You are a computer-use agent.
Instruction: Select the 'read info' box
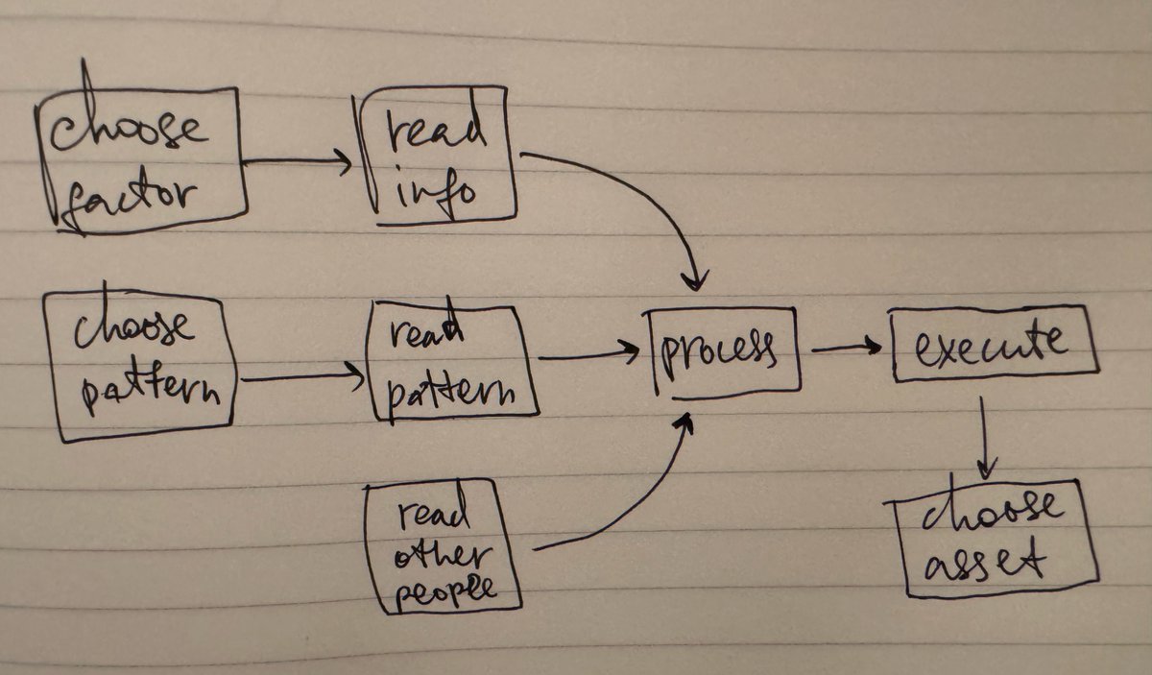click(x=437, y=157)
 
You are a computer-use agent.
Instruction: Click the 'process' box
click(x=725, y=350)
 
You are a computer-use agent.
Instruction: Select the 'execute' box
click(x=992, y=343)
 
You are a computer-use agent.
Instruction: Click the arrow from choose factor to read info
click(x=298, y=162)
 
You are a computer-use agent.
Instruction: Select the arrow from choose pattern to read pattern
click(x=302, y=378)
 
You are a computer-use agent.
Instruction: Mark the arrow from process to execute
click(x=845, y=348)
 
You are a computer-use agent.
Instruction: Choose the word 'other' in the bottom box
click(x=444, y=555)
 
